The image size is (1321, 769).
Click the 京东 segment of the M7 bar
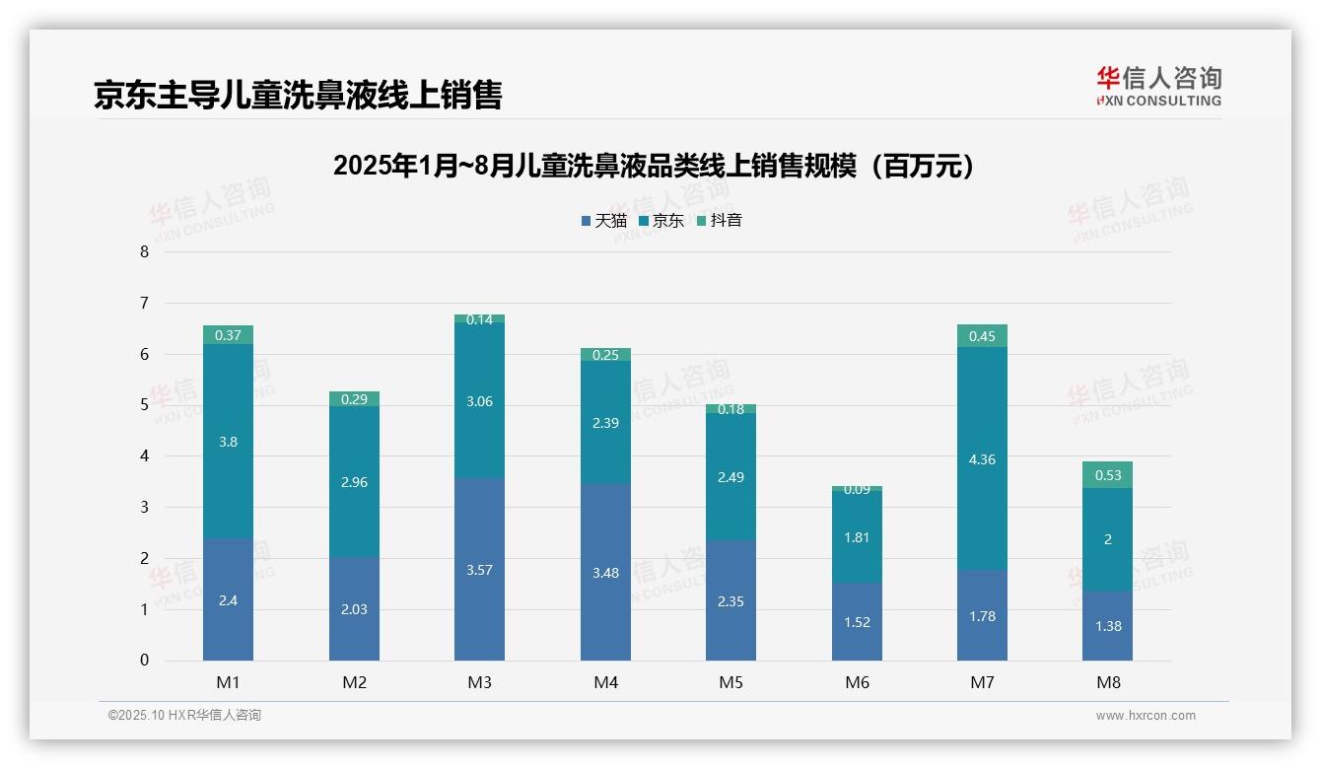point(982,458)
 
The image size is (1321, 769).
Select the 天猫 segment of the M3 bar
point(479,569)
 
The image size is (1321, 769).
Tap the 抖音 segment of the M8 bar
point(1107,475)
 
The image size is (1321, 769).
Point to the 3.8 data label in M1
point(228,442)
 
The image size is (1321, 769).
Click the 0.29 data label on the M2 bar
point(354,399)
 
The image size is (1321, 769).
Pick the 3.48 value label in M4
point(605,573)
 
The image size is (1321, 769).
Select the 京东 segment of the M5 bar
point(730,477)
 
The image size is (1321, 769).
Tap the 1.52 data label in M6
point(857,622)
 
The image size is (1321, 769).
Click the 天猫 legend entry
point(603,220)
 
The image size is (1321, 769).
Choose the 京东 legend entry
point(660,220)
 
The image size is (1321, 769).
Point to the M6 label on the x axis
point(857,682)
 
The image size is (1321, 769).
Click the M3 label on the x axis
point(479,682)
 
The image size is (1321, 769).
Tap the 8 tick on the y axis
point(144,251)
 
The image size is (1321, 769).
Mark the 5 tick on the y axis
point(144,405)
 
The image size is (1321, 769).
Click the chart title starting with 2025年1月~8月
point(655,166)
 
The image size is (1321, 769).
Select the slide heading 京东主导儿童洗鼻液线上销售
point(298,95)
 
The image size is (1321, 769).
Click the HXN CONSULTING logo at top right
point(1158,86)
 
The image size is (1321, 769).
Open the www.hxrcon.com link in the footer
point(1146,716)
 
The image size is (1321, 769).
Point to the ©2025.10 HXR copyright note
point(184,715)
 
